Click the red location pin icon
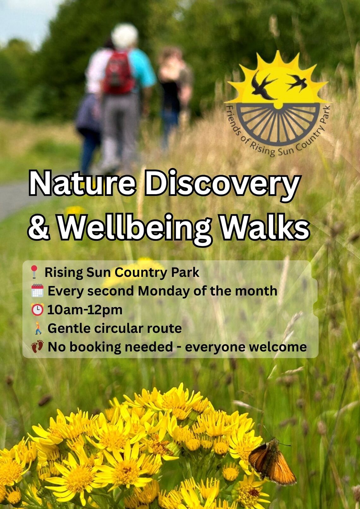(x=34, y=272)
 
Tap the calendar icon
(x=37, y=290)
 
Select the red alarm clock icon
(x=37, y=309)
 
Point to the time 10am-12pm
(x=85, y=310)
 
